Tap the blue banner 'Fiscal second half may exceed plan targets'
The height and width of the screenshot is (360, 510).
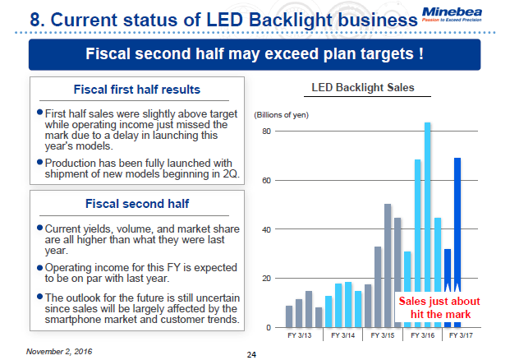tap(255, 55)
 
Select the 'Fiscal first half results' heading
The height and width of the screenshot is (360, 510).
tap(136, 90)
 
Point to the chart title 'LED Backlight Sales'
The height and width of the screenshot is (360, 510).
tap(362, 87)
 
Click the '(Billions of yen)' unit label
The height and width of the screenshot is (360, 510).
tap(283, 114)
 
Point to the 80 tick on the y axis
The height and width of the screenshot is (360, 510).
tap(267, 132)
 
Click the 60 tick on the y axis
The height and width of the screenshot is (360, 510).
tap(267, 180)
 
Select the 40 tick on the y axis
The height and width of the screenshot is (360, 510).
tap(267, 229)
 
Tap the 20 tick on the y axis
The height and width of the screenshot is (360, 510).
tap(267, 279)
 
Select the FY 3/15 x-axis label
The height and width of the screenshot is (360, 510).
tap(382, 336)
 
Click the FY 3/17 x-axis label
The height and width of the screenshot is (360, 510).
tap(462, 336)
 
